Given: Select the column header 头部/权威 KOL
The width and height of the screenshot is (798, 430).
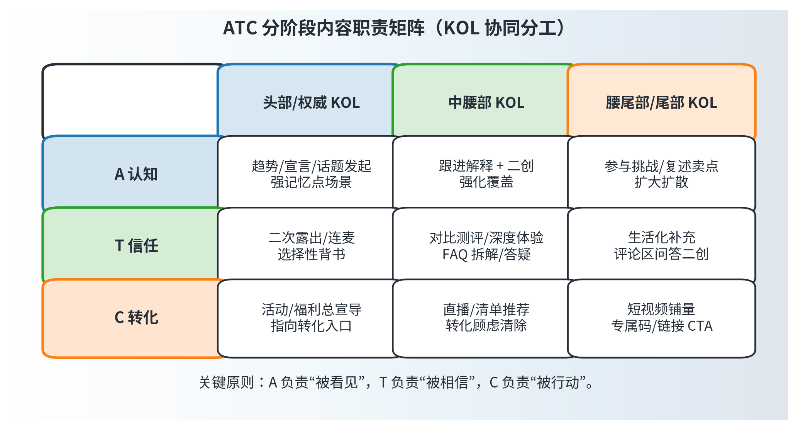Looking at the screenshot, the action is (311, 103).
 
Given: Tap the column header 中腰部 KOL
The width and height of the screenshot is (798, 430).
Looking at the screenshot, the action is (486, 103).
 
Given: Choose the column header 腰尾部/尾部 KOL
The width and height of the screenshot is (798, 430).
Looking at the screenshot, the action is (661, 103).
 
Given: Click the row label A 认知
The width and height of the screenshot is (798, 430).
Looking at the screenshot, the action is (136, 174).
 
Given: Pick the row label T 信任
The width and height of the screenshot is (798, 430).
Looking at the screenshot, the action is (136, 246).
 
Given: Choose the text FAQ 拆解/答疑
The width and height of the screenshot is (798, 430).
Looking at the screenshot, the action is (486, 255).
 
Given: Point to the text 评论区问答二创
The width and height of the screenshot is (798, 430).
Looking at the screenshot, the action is (661, 254).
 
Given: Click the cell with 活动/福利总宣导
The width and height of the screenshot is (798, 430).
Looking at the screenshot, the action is (311, 318).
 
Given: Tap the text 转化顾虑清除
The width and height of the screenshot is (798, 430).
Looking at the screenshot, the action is (486, 326).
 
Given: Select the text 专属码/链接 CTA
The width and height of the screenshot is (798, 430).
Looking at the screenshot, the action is (662, 326).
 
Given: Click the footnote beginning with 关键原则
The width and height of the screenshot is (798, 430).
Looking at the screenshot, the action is (396, 382).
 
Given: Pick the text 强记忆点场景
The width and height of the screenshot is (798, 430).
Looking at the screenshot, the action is (311, 182).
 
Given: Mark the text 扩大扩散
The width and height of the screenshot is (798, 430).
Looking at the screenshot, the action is (661, 182).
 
